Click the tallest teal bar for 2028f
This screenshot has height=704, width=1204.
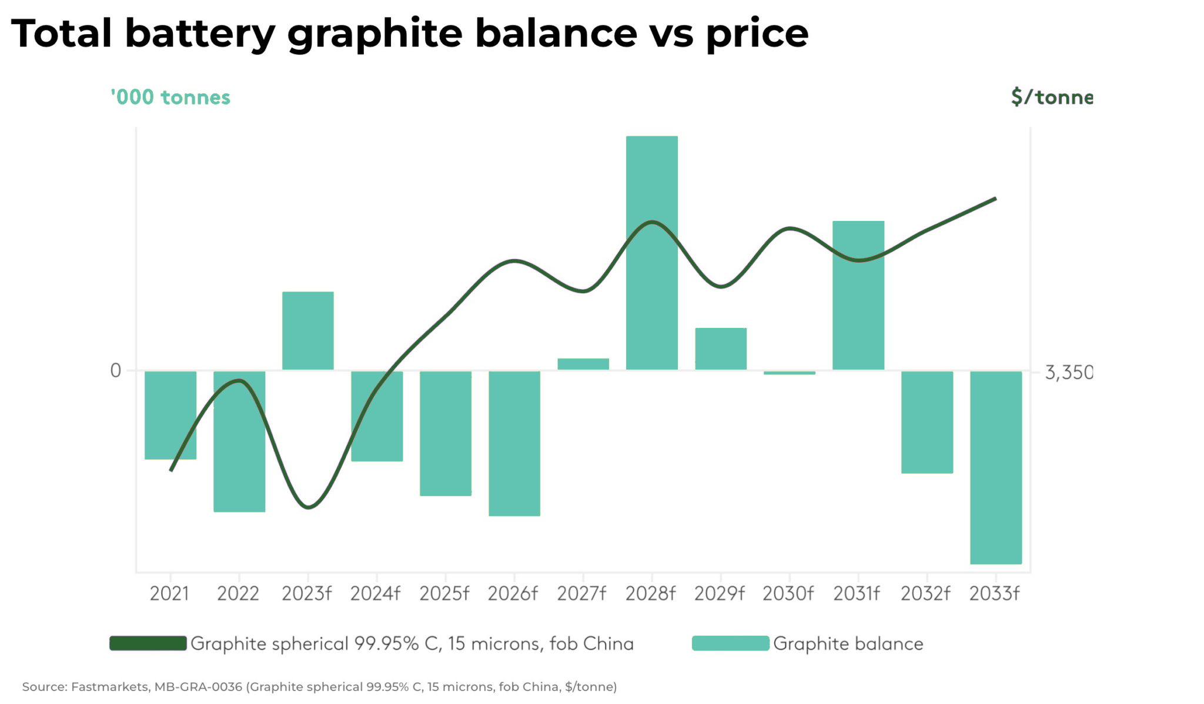(651, 176)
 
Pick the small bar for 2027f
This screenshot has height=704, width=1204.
(583, 364)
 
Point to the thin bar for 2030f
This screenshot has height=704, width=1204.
(789, 373)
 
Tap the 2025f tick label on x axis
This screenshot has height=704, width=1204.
(444, 594)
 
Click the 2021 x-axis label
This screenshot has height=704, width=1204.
(169, 594)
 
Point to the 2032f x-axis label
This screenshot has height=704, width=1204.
(925, 594)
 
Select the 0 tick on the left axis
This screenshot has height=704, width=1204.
(116, 371)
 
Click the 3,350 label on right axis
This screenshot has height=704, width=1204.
(1068, 373)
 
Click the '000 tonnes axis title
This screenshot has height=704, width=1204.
(170, 97)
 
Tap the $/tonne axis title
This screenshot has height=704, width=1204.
(1052, 97)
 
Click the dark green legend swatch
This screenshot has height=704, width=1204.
(148, 643)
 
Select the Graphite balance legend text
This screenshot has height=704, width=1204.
(848, 643)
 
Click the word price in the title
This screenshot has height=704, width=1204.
(757, 34)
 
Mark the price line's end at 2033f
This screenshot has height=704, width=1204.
(995, 199)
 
